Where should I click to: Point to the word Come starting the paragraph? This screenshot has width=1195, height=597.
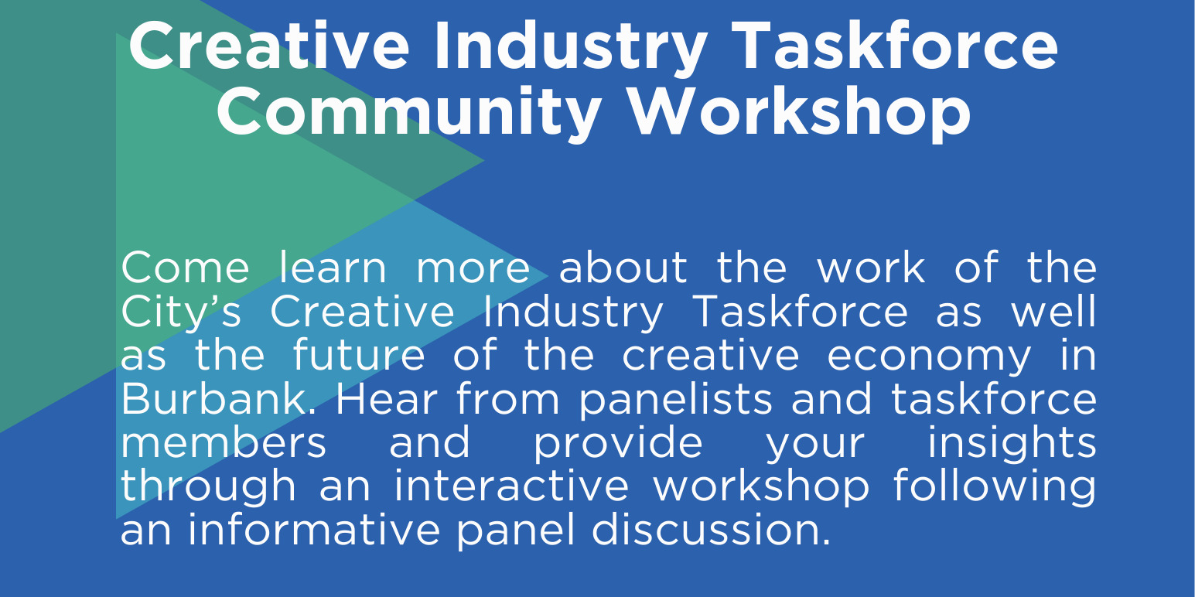(x=185, y=268)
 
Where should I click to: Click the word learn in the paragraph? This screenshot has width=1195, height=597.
(x=333, y=268)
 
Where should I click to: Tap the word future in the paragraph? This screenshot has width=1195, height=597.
(x=359, y=356)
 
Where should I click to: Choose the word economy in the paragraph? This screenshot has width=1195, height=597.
(x=929, y=356)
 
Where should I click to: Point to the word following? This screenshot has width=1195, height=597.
(x=995, y=488)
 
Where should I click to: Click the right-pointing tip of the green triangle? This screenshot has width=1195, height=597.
(x=482, y=161)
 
